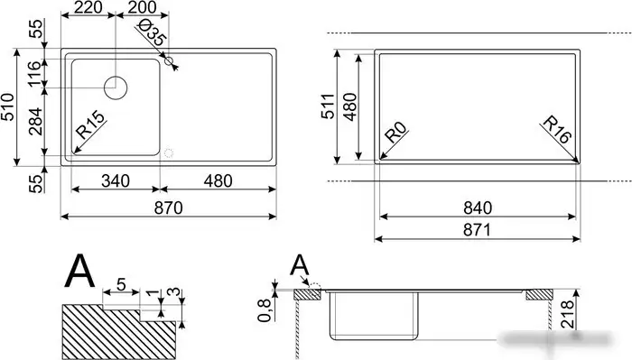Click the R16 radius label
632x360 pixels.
558,132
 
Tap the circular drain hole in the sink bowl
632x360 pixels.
117,88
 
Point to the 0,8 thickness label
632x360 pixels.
265,309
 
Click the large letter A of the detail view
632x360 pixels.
81,272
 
